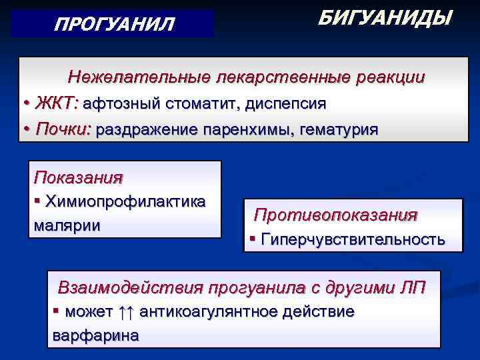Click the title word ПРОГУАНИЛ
point(114,25)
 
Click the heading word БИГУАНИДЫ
point(385,18)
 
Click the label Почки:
point(63,129)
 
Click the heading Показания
point(79,177)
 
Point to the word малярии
point(67,225)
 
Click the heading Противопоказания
point(336,215)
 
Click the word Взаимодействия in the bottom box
point(131,288)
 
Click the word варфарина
point(95,335)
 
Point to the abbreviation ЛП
point(407,288)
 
